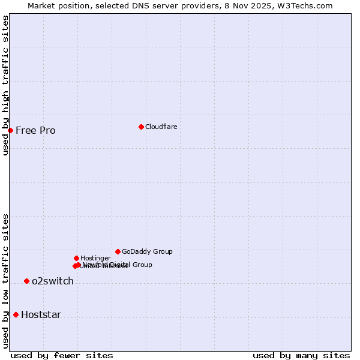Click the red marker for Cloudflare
[141, 127]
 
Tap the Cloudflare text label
[161, 127]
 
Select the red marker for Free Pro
[10, 130]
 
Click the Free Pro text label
[35, 131]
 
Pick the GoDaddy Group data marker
[118, 251]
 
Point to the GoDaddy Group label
[147, 251]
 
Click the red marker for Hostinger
[76, 258]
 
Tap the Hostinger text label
[95, 258]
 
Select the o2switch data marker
[26, 281]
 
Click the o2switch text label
[53, 281]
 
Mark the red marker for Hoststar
[16, 314]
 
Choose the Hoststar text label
[41, 314]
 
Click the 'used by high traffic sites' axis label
[5, 85]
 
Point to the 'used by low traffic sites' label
[5, 281]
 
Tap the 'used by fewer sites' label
[62, 355]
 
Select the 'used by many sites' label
[301, 355]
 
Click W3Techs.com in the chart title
[307, 5]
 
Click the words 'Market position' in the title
[56, 5]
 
